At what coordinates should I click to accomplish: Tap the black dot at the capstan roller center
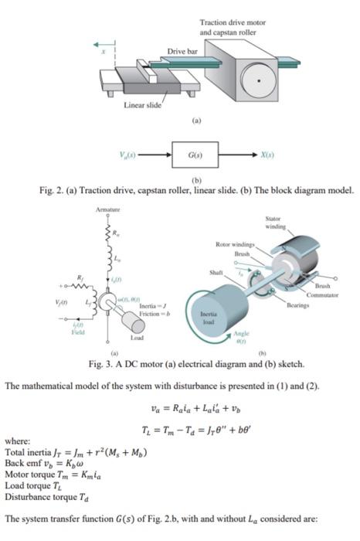[259, 80]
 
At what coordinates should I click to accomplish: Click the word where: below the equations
[16, 440]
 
